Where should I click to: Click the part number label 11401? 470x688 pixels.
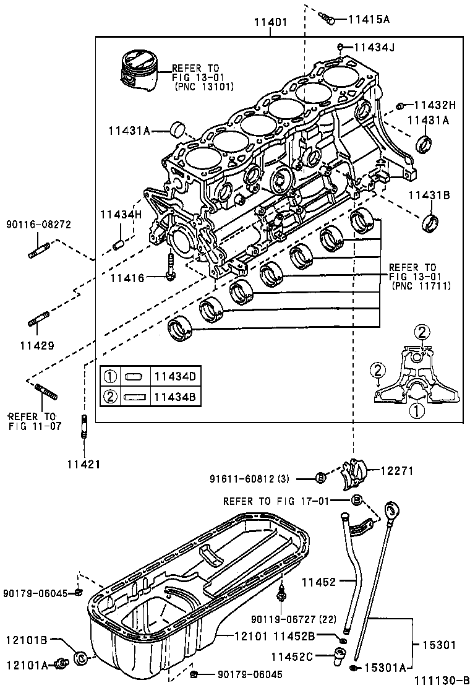[270, 23]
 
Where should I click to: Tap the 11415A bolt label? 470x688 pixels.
[369, 19]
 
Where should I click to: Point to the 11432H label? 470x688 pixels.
[434, 105]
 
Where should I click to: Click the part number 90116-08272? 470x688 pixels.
[38, 223]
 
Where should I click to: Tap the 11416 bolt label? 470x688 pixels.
[127, 278]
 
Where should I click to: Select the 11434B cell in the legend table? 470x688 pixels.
[174, 397]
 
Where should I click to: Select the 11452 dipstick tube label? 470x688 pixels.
[318, 582]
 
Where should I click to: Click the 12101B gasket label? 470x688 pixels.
[28, 640]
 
